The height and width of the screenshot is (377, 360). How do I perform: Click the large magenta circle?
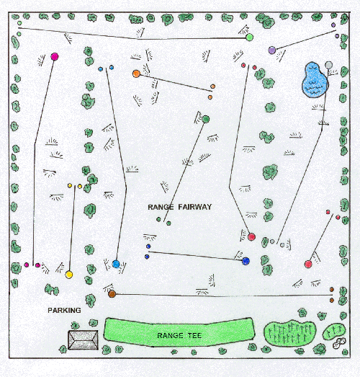tap(55, 57)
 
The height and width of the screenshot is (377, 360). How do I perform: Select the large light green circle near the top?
tap(250, 37)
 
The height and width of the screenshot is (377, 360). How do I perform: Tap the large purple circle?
tap(272, 50)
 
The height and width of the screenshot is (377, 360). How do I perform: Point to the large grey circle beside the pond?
tap(328, 65)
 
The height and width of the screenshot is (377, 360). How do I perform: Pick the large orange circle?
tap(136, 74)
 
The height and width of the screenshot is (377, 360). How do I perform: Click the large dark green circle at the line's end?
tap(206, 119)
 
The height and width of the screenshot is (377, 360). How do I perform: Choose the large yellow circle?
tap(69, 275)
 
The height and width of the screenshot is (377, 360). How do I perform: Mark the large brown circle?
tap(112, 294)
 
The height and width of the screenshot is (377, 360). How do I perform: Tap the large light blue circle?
tap(116, 264)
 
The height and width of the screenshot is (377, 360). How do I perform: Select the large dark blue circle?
tap(246, 261)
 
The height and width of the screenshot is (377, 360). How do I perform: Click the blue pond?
tap(315, 80)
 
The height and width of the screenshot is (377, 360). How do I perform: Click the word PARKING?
tap(64, 311)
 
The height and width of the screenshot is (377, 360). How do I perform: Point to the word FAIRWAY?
tap(195, 207)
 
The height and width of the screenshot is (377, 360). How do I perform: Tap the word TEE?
tap(194, 335)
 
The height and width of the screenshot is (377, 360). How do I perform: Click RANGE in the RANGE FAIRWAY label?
tap(161, 207)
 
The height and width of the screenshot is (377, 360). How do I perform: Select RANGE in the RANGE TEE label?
tap(170, 335)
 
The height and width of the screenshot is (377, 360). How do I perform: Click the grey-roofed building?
tap(83, 340)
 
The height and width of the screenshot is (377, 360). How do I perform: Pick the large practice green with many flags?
tap(290, 333)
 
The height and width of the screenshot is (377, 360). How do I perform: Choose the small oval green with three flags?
tap(334, 332)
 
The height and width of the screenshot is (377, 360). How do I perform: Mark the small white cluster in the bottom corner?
tap(339, 343)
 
